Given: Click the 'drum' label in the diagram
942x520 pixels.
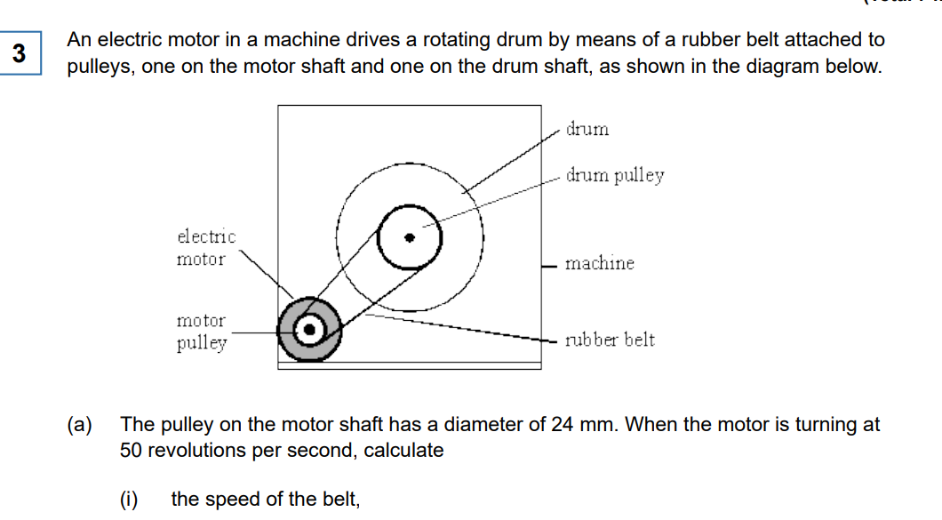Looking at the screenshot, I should click(x=587, y=130).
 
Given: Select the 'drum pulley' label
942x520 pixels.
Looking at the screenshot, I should click(x=615, y=175).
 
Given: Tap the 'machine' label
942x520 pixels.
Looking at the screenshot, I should click(x=600, y=263).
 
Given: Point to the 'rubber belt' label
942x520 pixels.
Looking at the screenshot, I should click(x=610, y=340).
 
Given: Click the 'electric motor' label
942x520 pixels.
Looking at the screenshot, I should click(x=206, y=248).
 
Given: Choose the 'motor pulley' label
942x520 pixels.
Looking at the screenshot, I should click(x=201, y=332).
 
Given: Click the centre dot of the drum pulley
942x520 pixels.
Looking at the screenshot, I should click(x=410, y=238).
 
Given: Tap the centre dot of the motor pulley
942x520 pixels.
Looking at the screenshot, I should click(x=309, y=330).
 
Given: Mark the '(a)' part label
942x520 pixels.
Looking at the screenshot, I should click(x=81, y=425).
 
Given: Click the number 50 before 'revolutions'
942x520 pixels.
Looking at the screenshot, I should click(x=132, y=450).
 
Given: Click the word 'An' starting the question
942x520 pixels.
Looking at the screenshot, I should click(x=79, y=40).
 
